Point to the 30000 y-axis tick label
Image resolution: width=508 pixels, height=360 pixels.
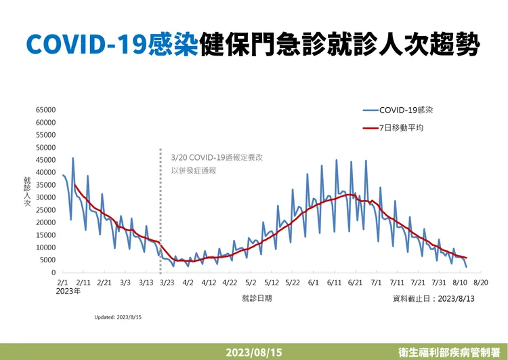(x=44, y=197)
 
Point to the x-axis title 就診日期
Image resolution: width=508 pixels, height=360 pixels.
(x=256, y=298)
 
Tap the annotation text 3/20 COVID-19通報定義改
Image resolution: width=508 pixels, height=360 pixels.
(x=217, y=157)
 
